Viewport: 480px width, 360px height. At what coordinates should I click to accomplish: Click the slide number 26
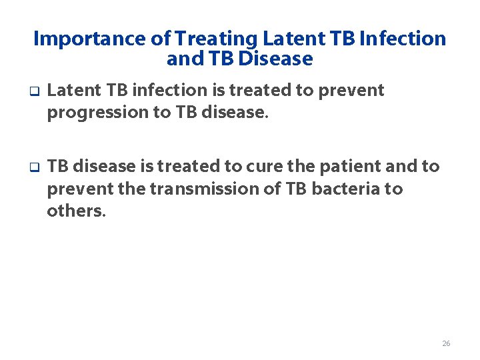(x=446, y=343)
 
